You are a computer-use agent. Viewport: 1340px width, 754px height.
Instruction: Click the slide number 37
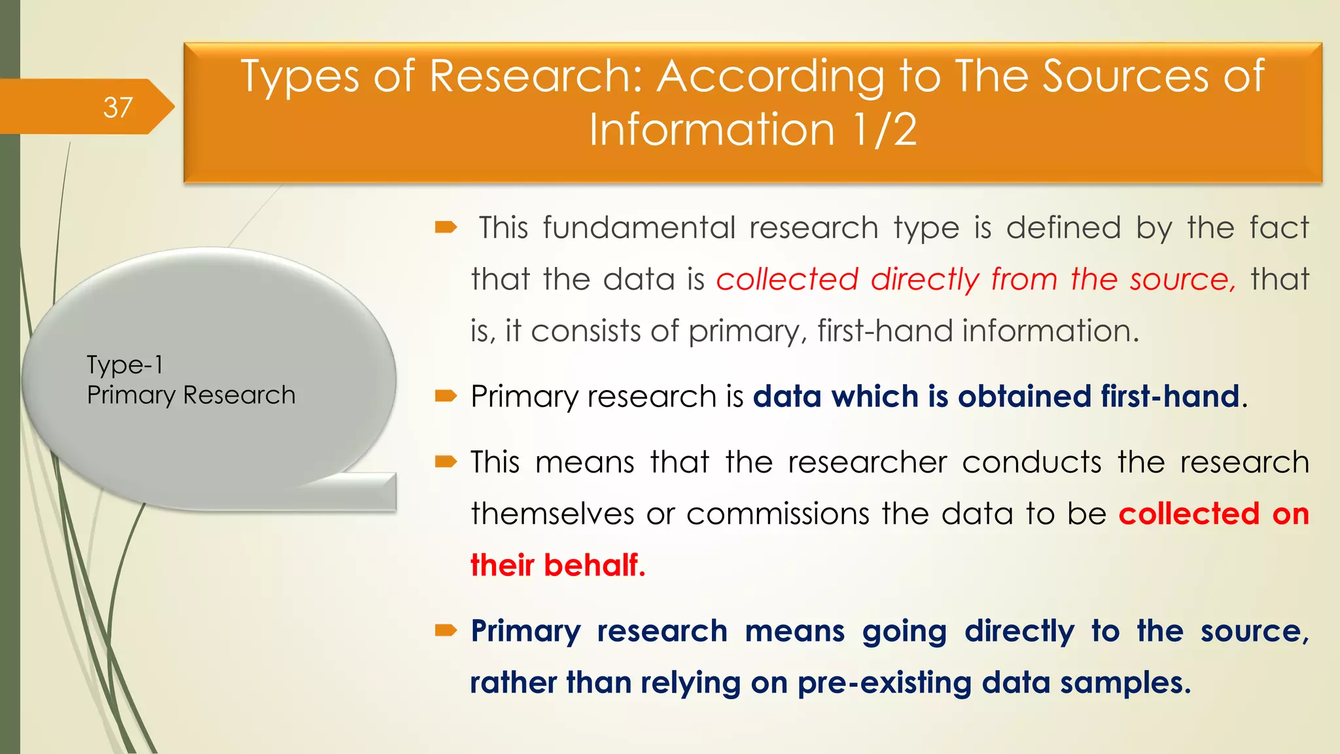click(118, 107)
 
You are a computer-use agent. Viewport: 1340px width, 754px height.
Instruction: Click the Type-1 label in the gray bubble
click(124, 365)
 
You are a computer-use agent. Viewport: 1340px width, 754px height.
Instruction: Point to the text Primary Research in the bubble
click(191, 395)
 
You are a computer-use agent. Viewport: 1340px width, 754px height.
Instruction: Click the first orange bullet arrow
click(446, 228)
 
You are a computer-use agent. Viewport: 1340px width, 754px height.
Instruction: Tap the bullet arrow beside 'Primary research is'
click(446, 396)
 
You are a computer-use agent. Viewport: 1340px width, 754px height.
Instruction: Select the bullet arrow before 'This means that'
click(446, 462)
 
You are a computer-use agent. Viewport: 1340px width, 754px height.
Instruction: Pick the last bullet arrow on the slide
click(446, 631)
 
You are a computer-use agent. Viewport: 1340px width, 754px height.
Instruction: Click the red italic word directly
click(925, 280)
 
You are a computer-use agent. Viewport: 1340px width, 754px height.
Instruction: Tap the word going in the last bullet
click(904, 632)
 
